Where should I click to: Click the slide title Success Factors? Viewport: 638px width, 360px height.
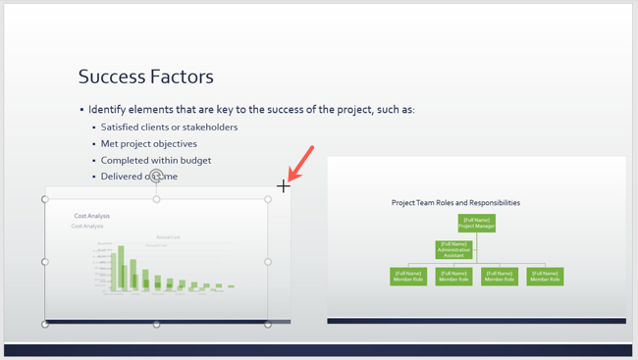[x=145, y=77]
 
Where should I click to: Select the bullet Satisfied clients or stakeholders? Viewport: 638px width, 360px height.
[x=169, y=127]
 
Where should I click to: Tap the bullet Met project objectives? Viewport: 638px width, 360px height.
[x=148, y=143]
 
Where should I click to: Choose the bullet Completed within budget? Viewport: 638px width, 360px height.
[x=156, y=160]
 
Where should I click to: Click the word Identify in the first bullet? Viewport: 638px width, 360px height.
[x=108, y=109]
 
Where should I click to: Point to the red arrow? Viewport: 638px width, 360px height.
[x=302, y=162]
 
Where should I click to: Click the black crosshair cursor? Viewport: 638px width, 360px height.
[x=284, y=185]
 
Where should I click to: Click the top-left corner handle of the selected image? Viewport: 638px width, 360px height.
[x=45, y=199]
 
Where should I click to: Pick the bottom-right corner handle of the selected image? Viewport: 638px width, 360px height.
[x=268, y=324]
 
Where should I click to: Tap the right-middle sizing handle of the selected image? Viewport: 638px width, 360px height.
[x=268, y=262]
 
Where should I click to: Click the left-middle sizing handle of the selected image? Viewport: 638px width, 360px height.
[x=45, y=262]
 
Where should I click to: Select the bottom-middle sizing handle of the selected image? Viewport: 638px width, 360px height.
[x=156, y=324]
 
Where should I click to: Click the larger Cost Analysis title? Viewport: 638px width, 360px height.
[x=92, y=216]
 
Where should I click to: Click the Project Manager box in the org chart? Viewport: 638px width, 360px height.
[x=476, y=223]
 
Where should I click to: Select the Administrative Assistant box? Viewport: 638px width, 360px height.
[x=453, y=249]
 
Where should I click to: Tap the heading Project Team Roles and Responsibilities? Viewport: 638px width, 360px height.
[x=455, y=203]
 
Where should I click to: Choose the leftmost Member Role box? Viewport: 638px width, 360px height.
[x=408, y=276]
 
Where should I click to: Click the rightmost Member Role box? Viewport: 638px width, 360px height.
[x=545, y=276]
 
